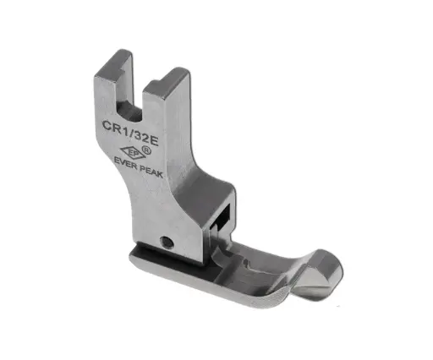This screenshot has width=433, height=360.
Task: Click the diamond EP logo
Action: (x=134, y=151)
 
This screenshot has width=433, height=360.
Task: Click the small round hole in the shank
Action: (x=169, y=241)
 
